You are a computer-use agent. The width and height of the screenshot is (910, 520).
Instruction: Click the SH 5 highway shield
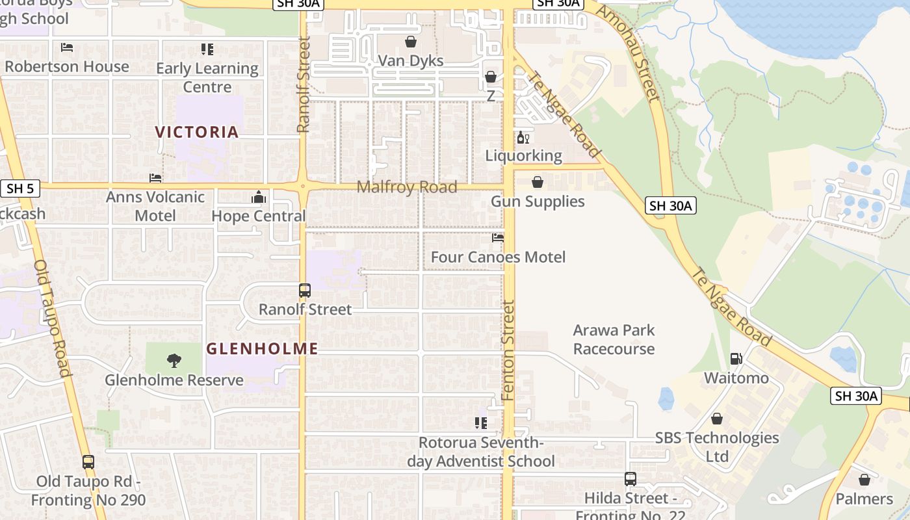coord(19,189)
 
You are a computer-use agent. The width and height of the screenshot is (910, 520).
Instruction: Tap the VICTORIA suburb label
coord(197,132)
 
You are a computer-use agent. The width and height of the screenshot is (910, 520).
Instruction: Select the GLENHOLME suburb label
coord(262,349)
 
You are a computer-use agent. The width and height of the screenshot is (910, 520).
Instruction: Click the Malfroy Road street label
coord(407,187)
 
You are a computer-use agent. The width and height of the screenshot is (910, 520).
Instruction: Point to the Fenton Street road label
coord(508,350)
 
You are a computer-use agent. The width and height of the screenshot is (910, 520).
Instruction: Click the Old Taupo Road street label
coord(51,318)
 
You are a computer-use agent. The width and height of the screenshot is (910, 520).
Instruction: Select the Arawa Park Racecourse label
coord(614,339)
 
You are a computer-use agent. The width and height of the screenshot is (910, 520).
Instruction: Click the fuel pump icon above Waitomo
coord(736,358)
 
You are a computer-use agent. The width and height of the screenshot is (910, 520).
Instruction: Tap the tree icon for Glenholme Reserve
coord(174,360)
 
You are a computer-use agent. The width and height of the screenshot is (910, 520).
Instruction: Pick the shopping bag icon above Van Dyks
coord(411,42)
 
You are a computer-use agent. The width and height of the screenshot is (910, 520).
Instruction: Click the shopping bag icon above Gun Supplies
coord(538,182)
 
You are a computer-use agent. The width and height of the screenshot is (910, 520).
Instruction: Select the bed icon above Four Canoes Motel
coord(498,238)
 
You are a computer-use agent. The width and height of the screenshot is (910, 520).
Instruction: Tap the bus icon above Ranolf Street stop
coord(305,291)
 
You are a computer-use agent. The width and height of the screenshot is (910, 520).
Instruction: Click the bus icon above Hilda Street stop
coord(630,479)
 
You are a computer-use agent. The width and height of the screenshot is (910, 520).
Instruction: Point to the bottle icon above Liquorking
coord(523,137)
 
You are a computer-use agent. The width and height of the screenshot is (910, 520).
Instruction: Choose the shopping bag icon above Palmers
coord(864,480)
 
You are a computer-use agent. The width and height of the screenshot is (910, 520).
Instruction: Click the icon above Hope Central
coord(259,197)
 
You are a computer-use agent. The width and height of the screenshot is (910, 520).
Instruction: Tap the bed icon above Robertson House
coord(67,47)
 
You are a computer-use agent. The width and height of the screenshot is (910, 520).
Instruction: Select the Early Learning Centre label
coord(207,77)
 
